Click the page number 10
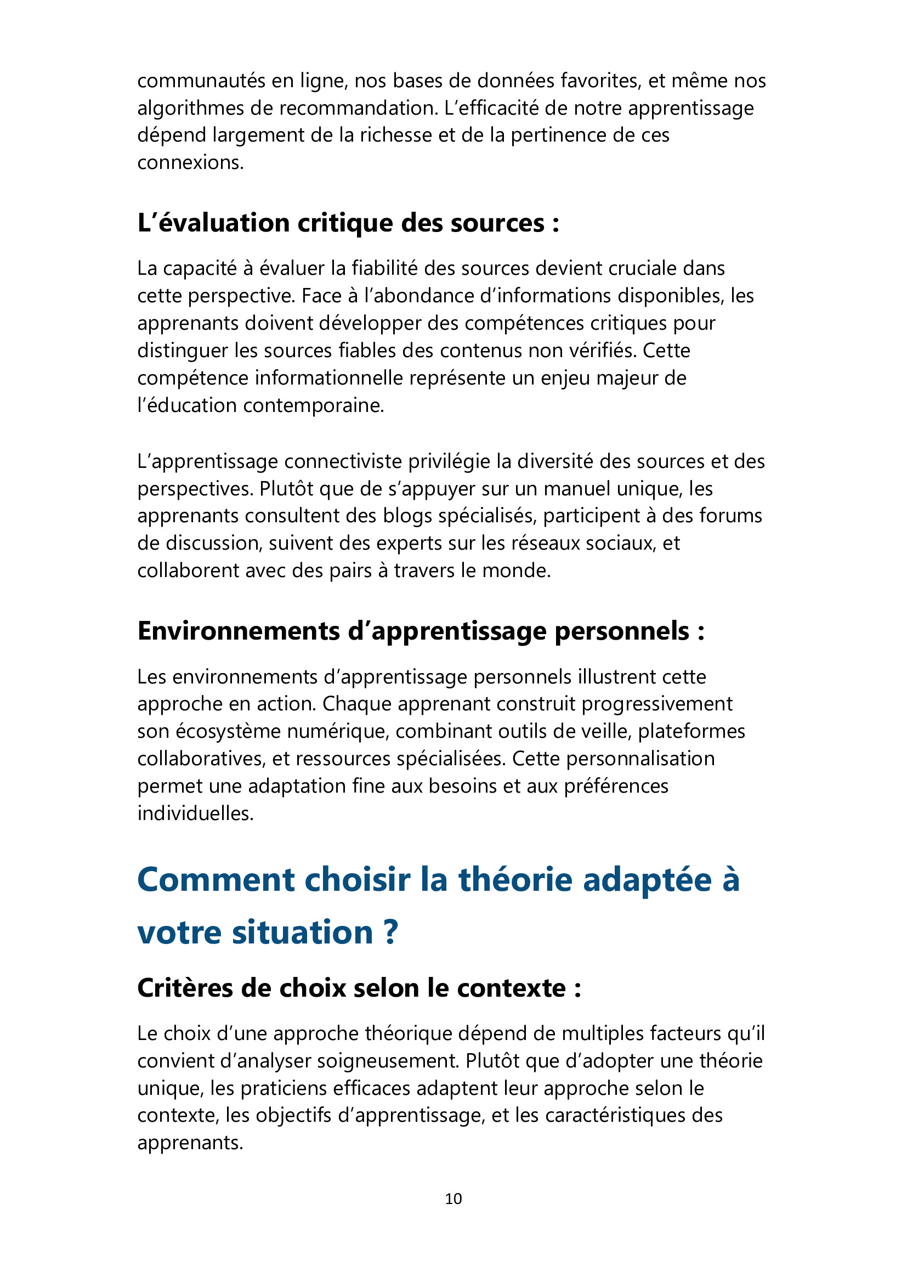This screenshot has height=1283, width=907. (x=453, y=1199)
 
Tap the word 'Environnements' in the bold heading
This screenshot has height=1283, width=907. (x=239, y=631)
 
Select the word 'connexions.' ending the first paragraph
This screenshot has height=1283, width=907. (x=190, y=162)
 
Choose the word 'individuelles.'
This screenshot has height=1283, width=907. (x=195, y=813)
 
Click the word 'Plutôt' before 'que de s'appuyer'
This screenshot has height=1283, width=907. (x=284, y=488)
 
